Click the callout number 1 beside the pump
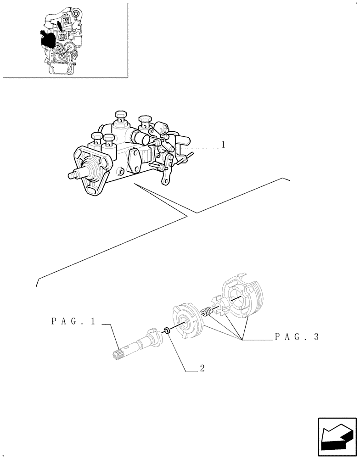[223, 145]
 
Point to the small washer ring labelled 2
[168, 330]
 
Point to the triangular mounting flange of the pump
[91, 173]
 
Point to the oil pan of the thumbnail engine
[61, 69]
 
